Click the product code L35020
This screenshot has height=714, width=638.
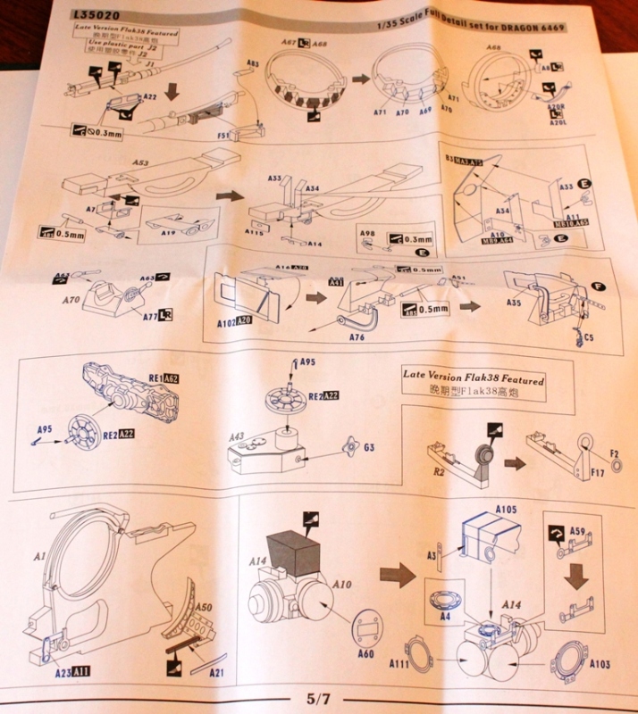pyautogui.click(x=100, y=16)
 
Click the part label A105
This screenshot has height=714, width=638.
pyautogui.click(x=505, y=510)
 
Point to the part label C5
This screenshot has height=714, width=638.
pyautogui.click(x=585, y=336)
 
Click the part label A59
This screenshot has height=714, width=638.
pyautogui.click(x=575, y=533)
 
